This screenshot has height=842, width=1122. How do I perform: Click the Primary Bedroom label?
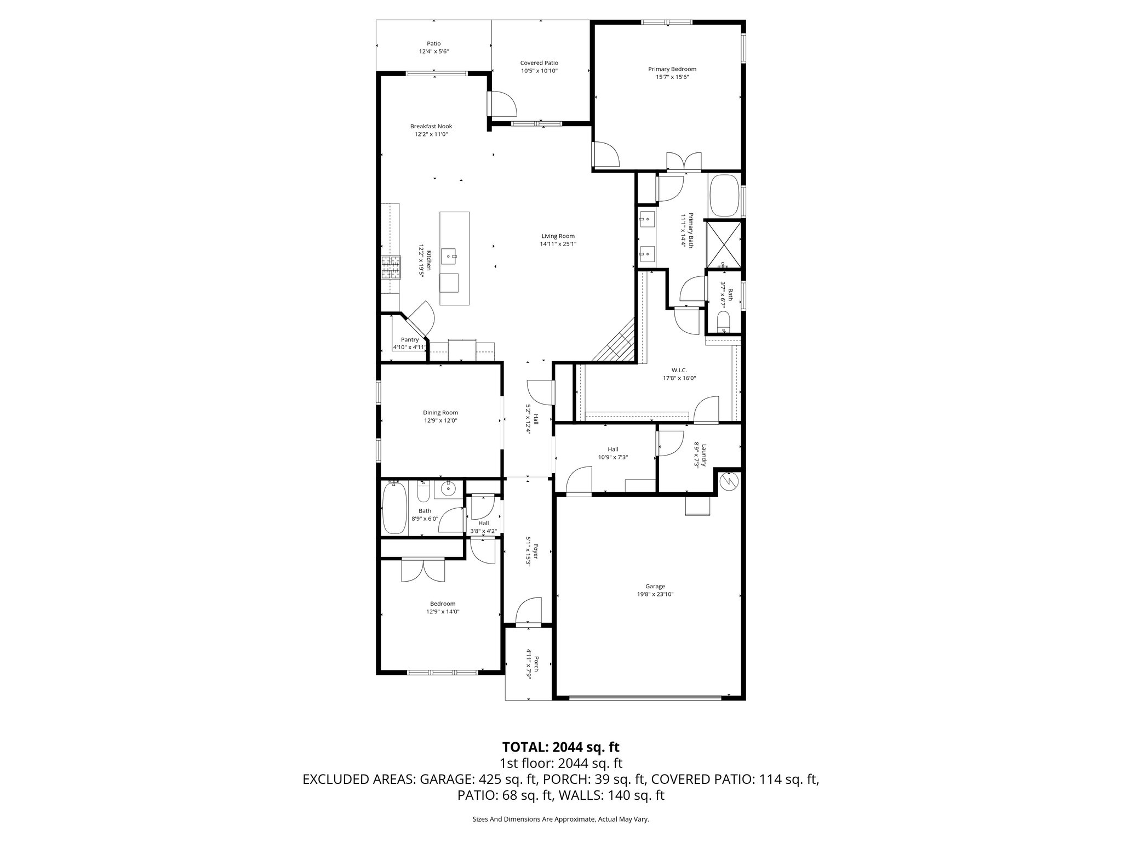click(672, 69)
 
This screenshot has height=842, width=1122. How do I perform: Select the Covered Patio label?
click(539, 63)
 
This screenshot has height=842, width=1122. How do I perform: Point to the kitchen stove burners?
click(391, 268)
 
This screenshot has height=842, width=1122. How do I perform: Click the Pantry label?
click(409, 340)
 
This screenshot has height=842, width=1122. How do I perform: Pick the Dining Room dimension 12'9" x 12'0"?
click(440, 420)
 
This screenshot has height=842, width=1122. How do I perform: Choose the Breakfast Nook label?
click(431, 126)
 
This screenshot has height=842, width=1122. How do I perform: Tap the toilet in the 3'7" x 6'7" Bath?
click(724, 321)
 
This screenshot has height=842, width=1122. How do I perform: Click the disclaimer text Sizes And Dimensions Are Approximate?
click(560, 819)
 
